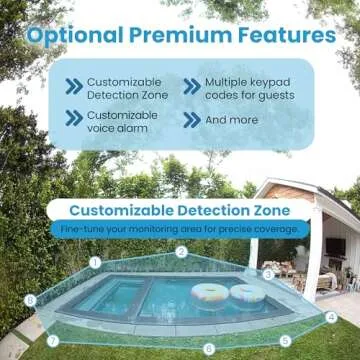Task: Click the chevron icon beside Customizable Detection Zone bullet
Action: click(x=73, y=86)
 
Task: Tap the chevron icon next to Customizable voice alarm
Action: click(x=73, y=119)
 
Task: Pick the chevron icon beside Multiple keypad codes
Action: click(x=191, y=86)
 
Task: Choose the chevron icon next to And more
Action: click(x=191, y=120)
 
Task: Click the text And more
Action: click(x=230, y=120)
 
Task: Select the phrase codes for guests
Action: click(x=250, y=95)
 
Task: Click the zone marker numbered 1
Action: click(x=95, y=262)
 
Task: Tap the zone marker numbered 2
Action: click(x=181, y=251)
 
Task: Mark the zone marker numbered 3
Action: click(x=267, y=273)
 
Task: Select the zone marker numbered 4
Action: click(x=331, y=317)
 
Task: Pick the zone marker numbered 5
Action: click(x=285, y=340)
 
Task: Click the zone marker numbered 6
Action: click(x=208, y=348)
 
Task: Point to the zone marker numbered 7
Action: click(x=52, y=340)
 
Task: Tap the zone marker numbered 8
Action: click(x=30, y=299)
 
